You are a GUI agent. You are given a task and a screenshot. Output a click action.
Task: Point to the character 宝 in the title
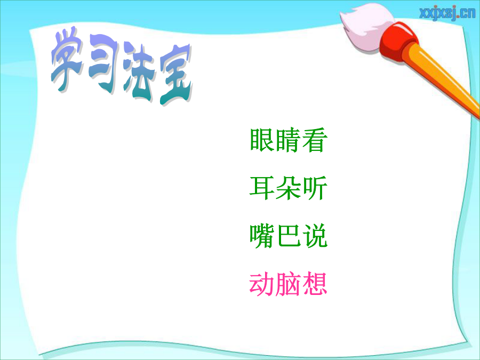(x=175, y=75)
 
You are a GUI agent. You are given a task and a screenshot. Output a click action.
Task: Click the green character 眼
(x=262, y=140)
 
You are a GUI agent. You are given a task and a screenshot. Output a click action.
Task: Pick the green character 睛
(x=289, y=140)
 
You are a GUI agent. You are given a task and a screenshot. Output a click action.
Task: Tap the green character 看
(x=315, y=140)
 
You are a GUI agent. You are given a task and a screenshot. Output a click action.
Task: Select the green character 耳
(x=262, y=188)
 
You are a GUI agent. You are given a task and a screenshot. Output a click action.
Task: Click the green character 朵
(x=289, y=188)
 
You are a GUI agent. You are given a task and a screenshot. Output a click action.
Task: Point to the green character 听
(x=315, y=188)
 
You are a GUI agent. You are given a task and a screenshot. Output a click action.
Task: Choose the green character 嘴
(x=262, y=236)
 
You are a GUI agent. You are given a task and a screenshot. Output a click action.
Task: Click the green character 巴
(x=289, y=236)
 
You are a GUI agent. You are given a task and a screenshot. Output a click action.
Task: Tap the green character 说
(x=315, y=236)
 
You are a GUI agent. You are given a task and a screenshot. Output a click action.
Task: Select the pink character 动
(x=262, y=284)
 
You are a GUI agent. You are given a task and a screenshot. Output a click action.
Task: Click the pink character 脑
(x=289, y=284)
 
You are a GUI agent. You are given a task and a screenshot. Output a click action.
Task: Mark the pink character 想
(x=315, y=284)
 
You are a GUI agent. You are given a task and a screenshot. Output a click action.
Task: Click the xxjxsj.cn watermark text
(x=447, y=13)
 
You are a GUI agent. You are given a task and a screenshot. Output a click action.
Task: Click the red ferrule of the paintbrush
(x=398, y=41)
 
